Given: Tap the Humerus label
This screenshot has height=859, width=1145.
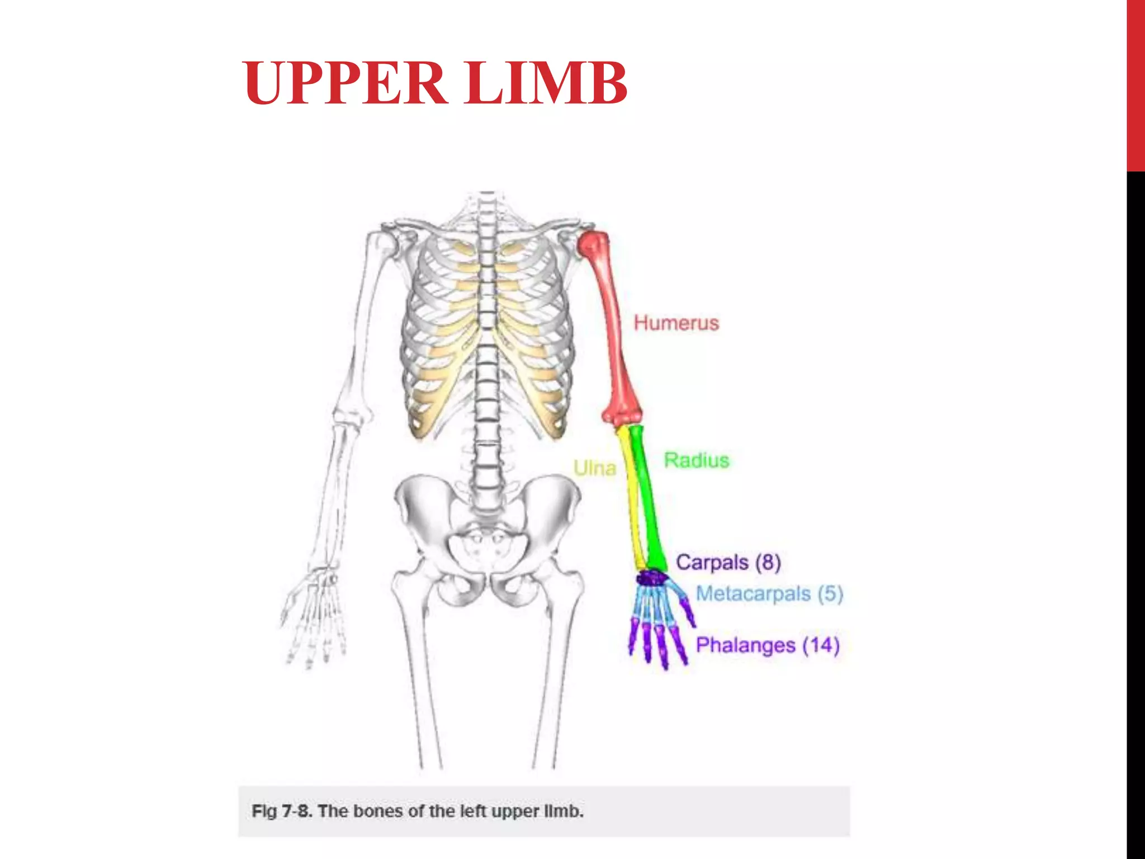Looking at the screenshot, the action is point(676,323).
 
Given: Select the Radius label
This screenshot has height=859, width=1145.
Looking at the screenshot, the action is point(697,460).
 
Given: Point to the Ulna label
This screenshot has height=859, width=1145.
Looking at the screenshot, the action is point(594,468).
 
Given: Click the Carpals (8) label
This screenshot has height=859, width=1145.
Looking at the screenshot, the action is point(728,562).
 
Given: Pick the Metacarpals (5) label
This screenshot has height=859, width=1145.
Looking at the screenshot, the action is point(769,593).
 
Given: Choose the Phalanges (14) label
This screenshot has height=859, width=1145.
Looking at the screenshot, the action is point(768,645).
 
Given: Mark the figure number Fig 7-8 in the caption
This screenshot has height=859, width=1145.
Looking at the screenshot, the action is point(282,811).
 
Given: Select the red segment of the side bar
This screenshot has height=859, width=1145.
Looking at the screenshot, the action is point(1135,86).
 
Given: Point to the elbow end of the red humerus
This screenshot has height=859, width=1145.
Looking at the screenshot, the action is point(622,416).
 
